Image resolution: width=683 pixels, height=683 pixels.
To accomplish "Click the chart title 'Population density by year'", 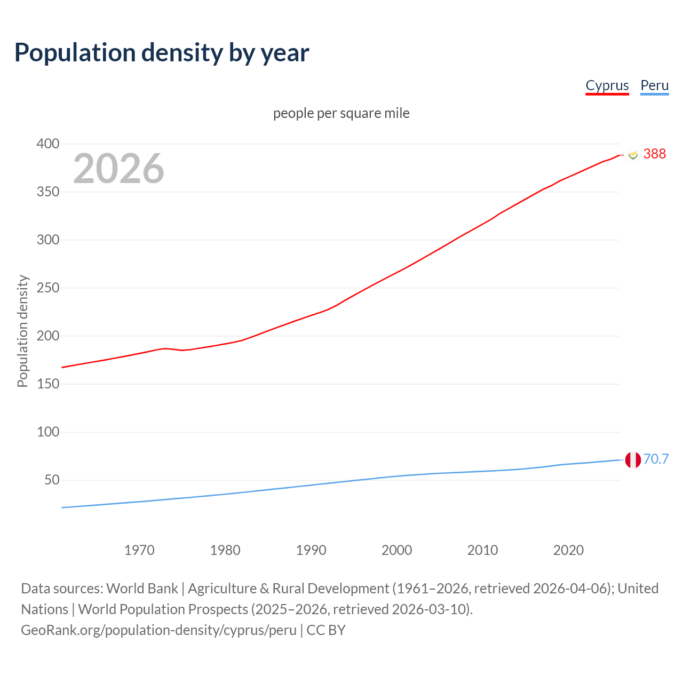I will click(x=162, y=53).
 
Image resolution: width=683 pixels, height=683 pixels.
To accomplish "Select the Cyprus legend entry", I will click(x=607, y=85).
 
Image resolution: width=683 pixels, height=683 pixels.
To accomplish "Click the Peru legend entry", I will click(x=654, y=85).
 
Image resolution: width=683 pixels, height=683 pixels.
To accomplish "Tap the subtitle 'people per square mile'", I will click(x=341, y=113).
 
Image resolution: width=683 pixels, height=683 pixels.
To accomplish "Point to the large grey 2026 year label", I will click(x=118, y=169).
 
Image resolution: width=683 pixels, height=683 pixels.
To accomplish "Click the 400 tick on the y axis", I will click(x=48, y=144).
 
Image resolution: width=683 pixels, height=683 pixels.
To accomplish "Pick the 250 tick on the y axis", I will click(x=48, y=288).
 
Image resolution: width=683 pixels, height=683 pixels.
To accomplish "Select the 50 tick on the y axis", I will click(x=52, y=480).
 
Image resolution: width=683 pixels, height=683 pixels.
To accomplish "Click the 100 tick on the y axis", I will click(x=48, y=432).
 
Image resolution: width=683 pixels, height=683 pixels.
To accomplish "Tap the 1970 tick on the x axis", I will click(x=139, y=550).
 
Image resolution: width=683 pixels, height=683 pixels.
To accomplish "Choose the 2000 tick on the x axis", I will click(x=396, y=550).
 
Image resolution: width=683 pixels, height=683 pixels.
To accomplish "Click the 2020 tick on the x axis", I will click(x=568, y=550).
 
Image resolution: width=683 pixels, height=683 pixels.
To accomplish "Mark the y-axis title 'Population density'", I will click(x=22, y=331).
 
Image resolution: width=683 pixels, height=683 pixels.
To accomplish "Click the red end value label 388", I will click(x=654, y=154).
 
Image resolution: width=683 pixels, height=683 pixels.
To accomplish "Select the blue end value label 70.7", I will click(x=656, y=459).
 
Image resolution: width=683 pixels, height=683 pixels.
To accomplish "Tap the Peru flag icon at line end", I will click(x=633, y=459).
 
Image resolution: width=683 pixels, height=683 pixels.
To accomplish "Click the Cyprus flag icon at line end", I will click(x=633, y=155).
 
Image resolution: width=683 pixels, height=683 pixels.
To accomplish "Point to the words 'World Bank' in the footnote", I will click(x=142, y=589).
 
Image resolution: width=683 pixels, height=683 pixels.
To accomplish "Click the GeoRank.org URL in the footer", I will click(x=158, y=630).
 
